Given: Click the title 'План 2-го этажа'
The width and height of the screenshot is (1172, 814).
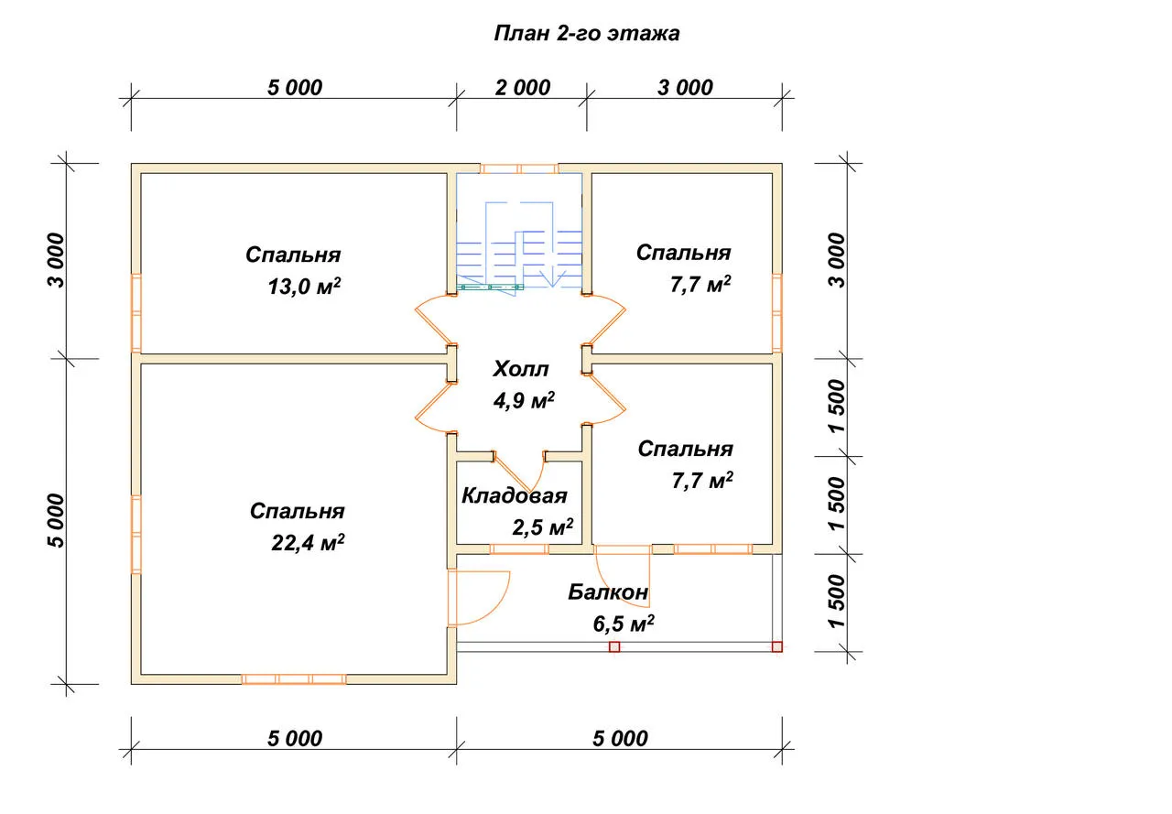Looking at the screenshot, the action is pos(587,34).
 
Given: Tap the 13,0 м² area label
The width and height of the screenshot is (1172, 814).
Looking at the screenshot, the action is pos(304,287).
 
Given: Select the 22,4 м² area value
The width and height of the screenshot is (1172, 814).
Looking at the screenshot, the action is pos(308,542).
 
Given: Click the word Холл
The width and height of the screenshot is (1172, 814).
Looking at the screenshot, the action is pos(521,369).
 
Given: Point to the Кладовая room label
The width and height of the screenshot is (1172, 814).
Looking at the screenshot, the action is pos(515,495).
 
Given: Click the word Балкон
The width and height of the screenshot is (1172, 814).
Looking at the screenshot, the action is pos(608,592).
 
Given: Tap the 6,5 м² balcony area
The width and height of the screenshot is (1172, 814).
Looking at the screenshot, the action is pos(624,623).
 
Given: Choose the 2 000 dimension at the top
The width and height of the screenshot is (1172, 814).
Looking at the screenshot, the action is pos(522,87).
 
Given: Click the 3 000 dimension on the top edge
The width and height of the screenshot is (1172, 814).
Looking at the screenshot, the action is pos(685,87).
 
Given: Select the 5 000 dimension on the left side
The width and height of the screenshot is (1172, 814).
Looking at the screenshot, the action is pos(57,520).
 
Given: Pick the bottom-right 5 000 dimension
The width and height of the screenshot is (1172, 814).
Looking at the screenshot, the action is pos(620,738).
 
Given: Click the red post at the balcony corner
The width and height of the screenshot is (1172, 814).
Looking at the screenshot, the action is pos(777,646).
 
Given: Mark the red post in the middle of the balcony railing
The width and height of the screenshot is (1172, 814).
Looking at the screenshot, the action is pos(614,646).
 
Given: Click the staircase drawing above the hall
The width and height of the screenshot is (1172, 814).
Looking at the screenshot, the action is pos(519,233).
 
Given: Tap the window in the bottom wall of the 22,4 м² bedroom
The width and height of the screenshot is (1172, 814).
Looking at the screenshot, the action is pos(294,679).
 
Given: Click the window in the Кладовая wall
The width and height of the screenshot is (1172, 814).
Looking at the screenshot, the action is pos(519,548).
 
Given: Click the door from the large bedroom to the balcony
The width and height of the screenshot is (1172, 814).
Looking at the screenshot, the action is pos(478,598).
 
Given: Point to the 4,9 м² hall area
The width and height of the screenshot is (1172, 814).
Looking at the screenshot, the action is pos(523,401).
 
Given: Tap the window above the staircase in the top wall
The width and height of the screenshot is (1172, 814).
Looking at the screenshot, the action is pos(519,168).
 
